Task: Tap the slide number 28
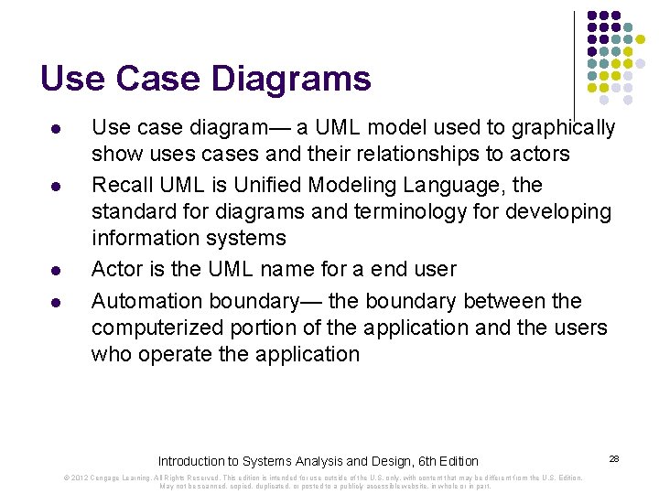click(614, 457)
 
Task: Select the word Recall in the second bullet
click(120, 185)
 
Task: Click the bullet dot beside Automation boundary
click(57, 303)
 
